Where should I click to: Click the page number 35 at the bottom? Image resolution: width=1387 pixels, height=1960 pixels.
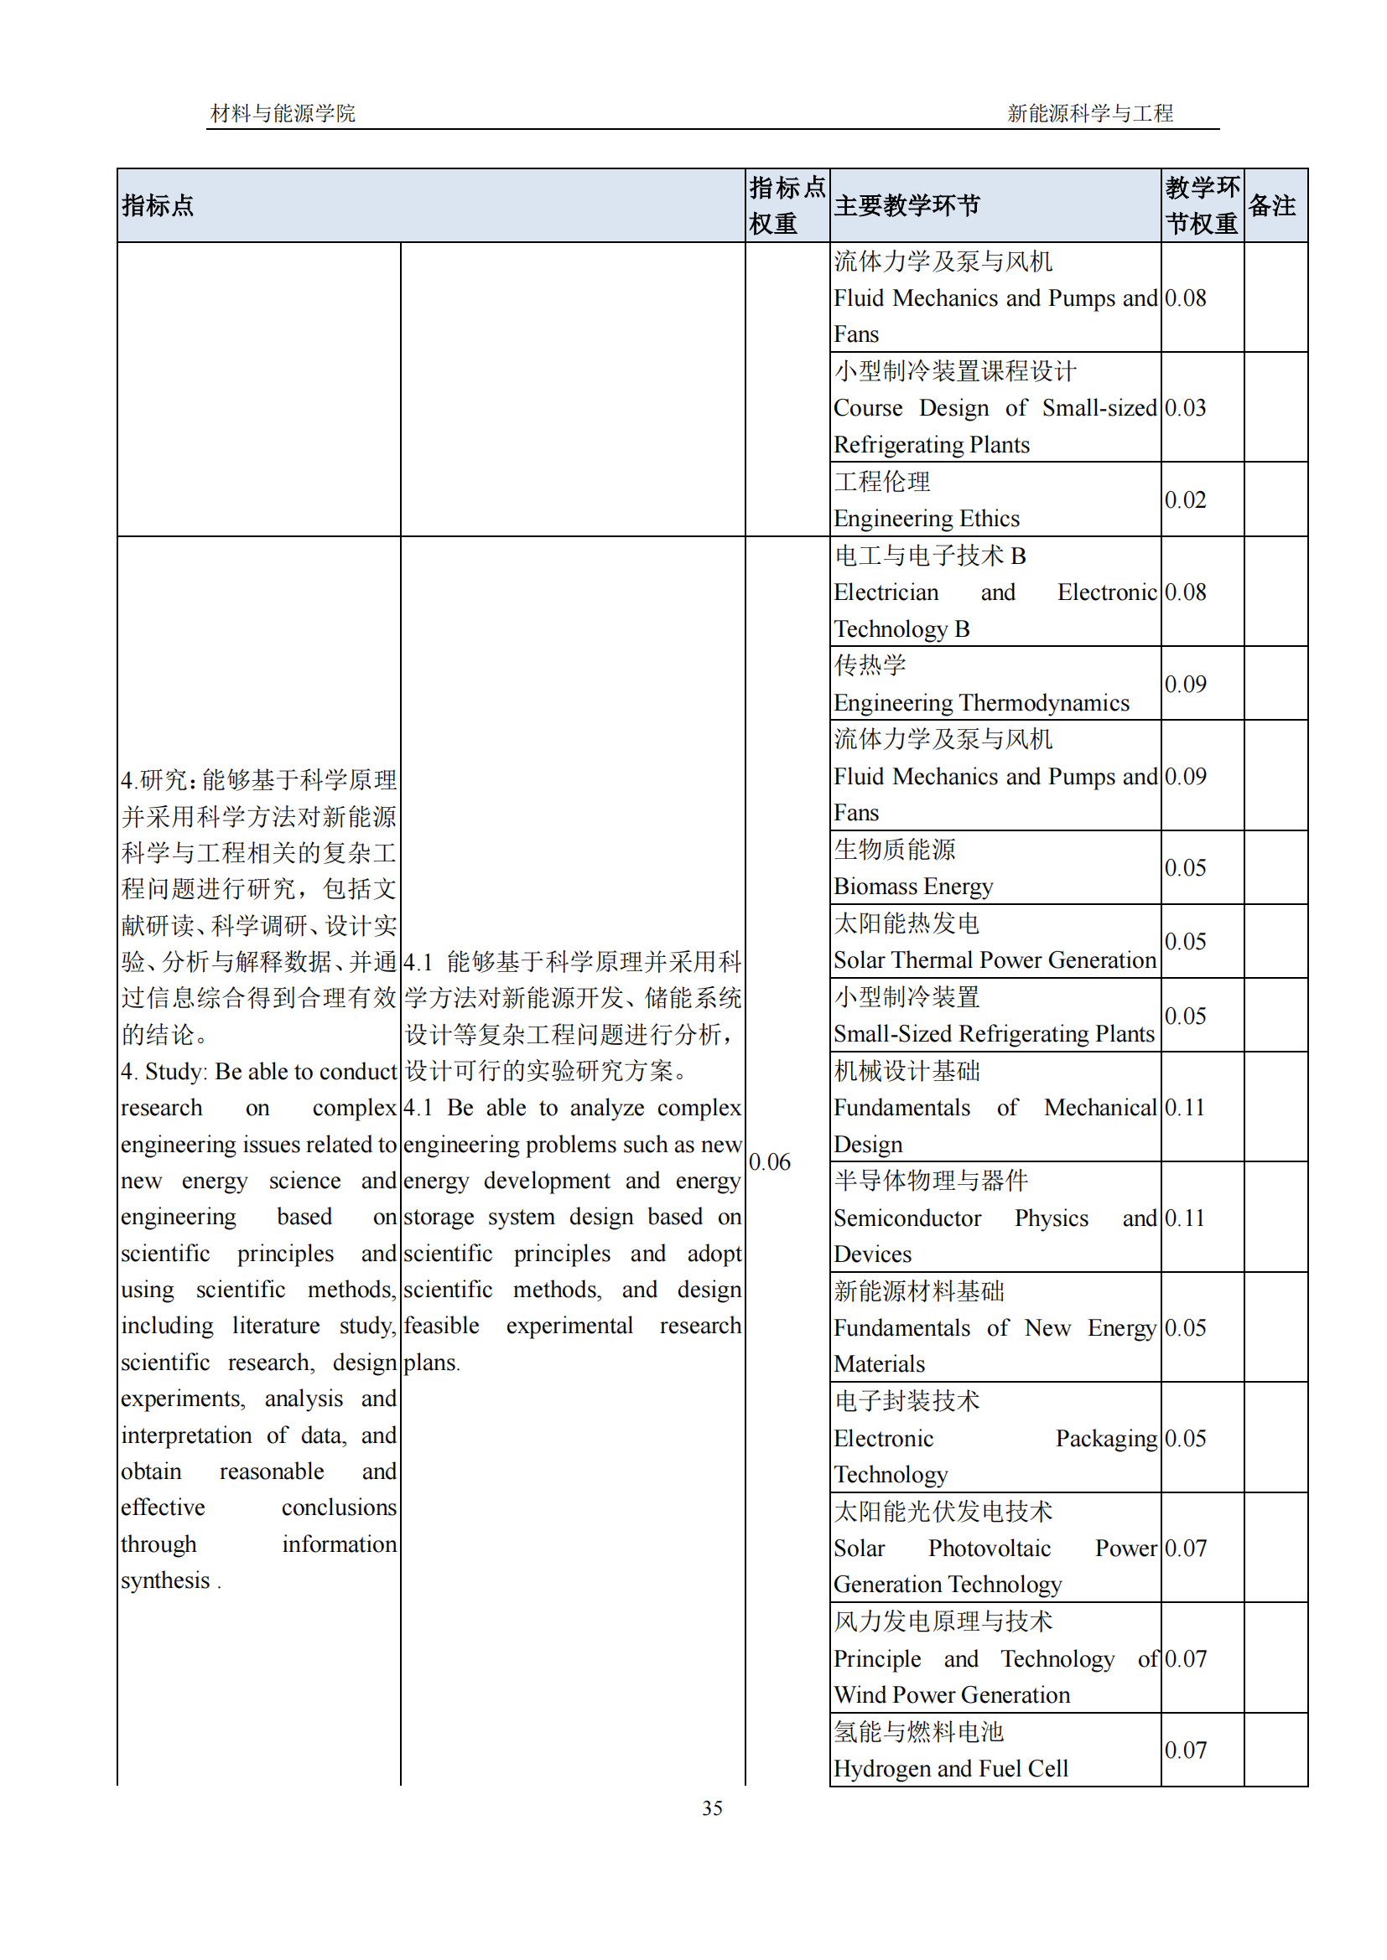pos(711,1807)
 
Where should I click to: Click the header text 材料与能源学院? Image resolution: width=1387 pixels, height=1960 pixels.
pos(283,112)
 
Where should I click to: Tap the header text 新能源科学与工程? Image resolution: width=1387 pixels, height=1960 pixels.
pos(1089,112)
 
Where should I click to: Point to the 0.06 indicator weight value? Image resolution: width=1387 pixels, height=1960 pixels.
pos(770,1161)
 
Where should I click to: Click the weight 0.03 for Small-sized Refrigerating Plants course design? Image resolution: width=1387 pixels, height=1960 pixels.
pos(1185,408)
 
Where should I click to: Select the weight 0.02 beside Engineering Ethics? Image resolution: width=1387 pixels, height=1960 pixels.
pos(1185,499)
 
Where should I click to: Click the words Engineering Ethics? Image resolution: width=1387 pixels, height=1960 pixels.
pos(926,518)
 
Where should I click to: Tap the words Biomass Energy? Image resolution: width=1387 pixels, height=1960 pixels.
pos(912,886)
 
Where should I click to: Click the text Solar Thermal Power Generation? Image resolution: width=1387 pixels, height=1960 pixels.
pos(995,959)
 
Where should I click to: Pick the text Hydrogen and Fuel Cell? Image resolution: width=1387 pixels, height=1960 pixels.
pos(950,1768)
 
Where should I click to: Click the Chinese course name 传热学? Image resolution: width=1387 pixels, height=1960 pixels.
pos(870,665)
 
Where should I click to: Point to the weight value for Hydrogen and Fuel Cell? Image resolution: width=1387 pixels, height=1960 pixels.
pos(1185,1749)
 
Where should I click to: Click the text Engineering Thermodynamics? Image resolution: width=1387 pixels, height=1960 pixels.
pos(980,702)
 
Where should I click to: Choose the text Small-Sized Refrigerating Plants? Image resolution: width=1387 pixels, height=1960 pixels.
pos(993,1034)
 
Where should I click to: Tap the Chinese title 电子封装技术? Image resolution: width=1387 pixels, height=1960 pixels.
pos(906,1401)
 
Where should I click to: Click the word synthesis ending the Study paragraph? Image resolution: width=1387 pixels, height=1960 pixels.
pos(165,1580)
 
